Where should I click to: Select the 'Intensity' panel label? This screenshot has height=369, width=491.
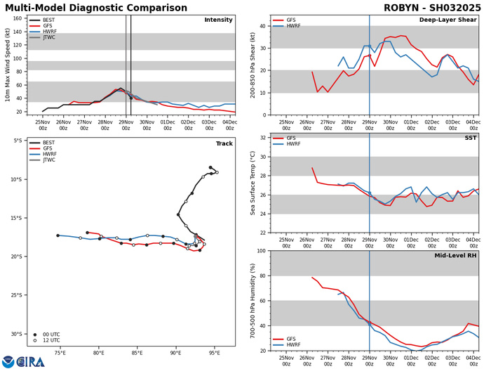(218, 20)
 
